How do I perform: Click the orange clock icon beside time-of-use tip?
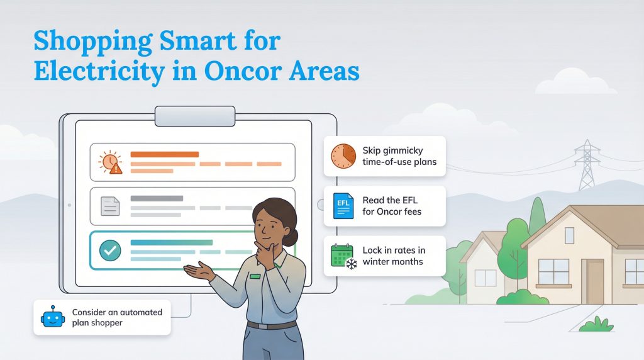coord(343,156)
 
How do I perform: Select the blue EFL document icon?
coord(343,206)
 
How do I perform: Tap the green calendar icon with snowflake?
coord(343,256)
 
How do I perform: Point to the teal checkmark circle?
coord(110,250)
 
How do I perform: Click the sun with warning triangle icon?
coord(110,163)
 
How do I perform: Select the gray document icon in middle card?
coord(110,206)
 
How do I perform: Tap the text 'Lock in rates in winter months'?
coord(393,256)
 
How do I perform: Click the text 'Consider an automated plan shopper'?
coord(117,317)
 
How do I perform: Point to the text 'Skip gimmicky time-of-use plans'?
coord(399,156)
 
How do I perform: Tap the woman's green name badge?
coord(255,276)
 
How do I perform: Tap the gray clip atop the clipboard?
coord(195,116)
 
